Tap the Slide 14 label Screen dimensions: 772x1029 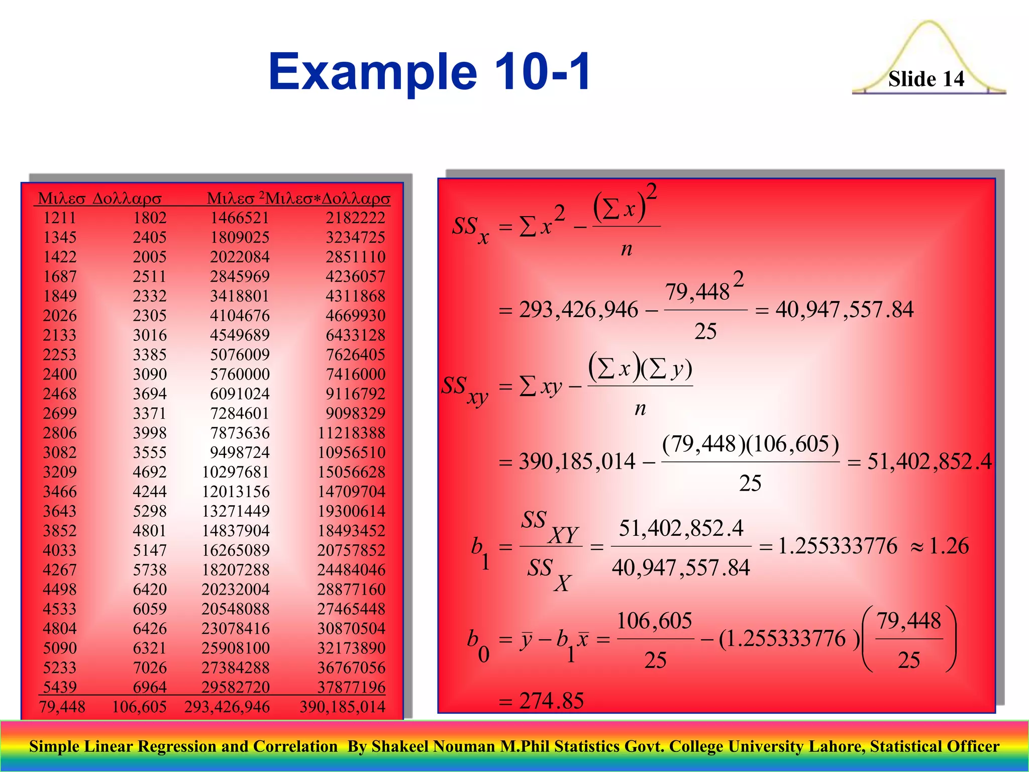(926, 79)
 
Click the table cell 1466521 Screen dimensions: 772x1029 (240, 218)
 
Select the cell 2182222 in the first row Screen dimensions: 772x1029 (355, 218)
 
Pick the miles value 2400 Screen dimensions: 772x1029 (60, 374)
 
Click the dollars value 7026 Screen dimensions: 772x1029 (150, 667)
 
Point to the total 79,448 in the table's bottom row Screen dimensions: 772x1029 (62, 707)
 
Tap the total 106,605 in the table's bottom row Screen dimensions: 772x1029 (139, 707)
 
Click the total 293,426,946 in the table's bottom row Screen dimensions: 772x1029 (227, 707)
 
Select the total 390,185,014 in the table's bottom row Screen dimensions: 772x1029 (342, 707)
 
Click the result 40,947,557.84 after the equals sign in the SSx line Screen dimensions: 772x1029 (845, 310)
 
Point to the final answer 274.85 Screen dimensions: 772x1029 (551, 701)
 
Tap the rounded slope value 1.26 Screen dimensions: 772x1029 (949, 546)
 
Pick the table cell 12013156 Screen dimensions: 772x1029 (236, 492)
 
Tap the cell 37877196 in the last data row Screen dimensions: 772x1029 (351, 687)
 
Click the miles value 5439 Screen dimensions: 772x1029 (60, 687)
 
